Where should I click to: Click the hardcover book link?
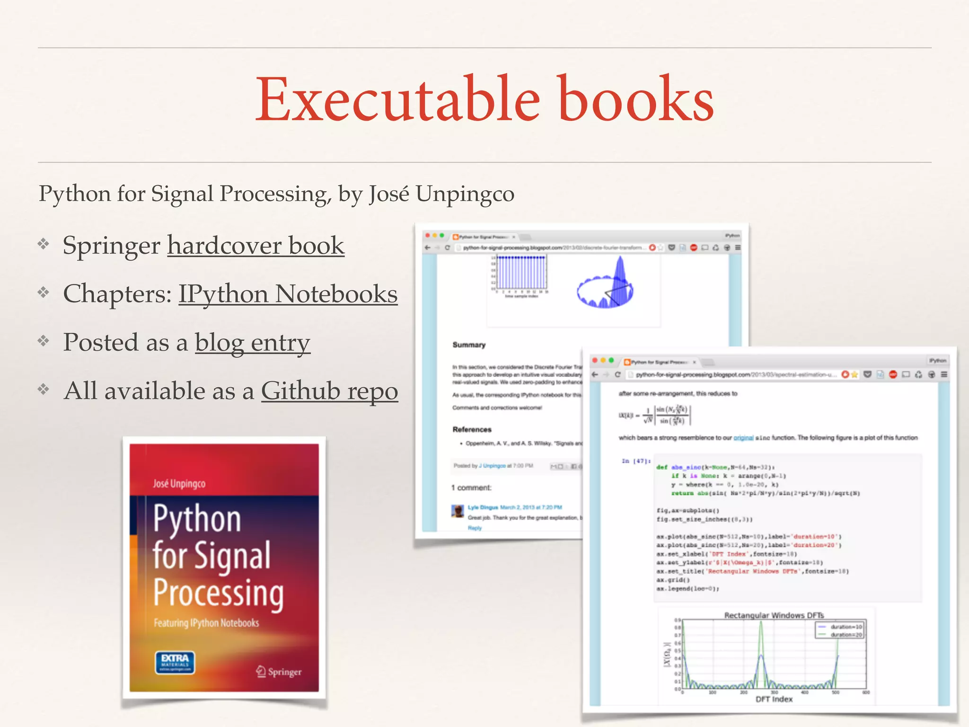point(255,246)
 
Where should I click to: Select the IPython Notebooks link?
point(288,294)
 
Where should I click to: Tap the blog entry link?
point(252,343)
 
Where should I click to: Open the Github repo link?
point(329,391)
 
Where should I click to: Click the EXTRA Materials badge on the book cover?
point(175,662)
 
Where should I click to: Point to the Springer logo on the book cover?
point(279,671)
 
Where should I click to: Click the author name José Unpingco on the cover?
point(179,483)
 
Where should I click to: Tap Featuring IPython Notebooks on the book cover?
point(206,623)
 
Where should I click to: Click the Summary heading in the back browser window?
point(469,345)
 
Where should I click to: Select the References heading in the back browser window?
point(472,429)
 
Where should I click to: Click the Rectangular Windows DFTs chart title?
point(774,615)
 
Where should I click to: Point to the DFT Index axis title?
point(774,699)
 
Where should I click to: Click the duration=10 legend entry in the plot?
point(845,627)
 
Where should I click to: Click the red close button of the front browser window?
point(594,361)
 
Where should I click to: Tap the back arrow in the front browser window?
point(595,374)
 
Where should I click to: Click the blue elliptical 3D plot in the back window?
point(605,286)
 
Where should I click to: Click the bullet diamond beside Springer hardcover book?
point(44,244)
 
